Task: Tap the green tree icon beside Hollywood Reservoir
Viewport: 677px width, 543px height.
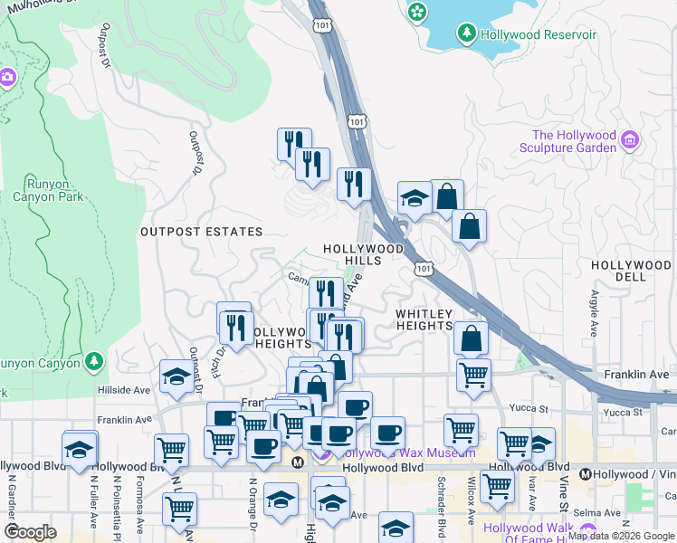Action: [x=467, y=34]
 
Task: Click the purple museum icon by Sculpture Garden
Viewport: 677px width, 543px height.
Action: [x=630, y=140]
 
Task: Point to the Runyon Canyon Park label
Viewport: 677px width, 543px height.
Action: [x=48, y=189]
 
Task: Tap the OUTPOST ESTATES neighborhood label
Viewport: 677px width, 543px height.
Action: [x=201, y=232]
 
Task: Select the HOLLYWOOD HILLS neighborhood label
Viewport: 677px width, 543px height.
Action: [x=364, y=253]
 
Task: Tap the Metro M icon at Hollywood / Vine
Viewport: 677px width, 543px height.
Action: [x=585, y=473]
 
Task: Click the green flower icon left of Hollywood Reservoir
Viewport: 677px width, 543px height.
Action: [x=416, y=12]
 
